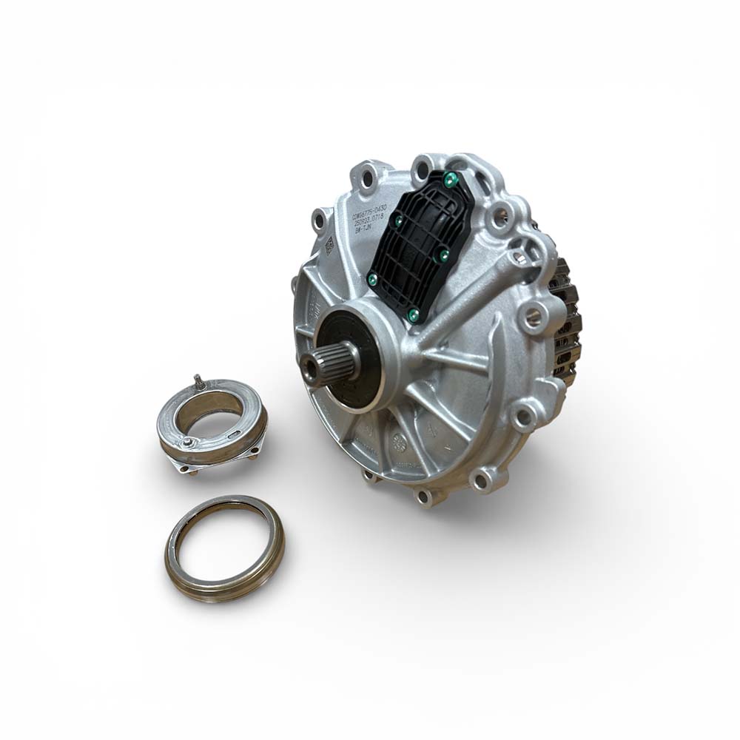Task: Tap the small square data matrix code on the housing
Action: pos(329,245)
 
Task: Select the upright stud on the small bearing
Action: pos(198,381)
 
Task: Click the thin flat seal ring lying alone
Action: pos(224,548)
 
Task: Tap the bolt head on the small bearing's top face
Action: pos(190,443)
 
